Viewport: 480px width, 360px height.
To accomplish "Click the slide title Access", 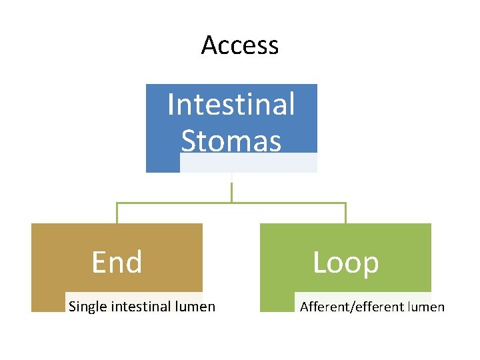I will tap(239, 45).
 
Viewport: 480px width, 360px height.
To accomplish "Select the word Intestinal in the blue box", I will tap(231, 105).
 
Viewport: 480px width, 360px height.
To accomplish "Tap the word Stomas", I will tap(231, 141).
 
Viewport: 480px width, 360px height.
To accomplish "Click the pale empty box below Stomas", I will tap(248, 163).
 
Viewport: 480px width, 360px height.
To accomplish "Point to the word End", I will tap(117, 262).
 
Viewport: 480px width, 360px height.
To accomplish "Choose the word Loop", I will tap(345, 263).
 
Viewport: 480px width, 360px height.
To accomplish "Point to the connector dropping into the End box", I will tap(117, 213).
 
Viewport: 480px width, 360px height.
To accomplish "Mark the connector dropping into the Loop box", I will tap(345, 213).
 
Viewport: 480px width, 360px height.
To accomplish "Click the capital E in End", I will tap(99, 262).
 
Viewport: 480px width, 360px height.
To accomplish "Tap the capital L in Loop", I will tap(319, 263).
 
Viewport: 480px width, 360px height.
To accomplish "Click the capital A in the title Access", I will tap(209, 45).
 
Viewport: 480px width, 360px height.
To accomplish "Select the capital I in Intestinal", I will tap(171, 105).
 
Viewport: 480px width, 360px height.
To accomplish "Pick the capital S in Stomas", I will tap(189, 141).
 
